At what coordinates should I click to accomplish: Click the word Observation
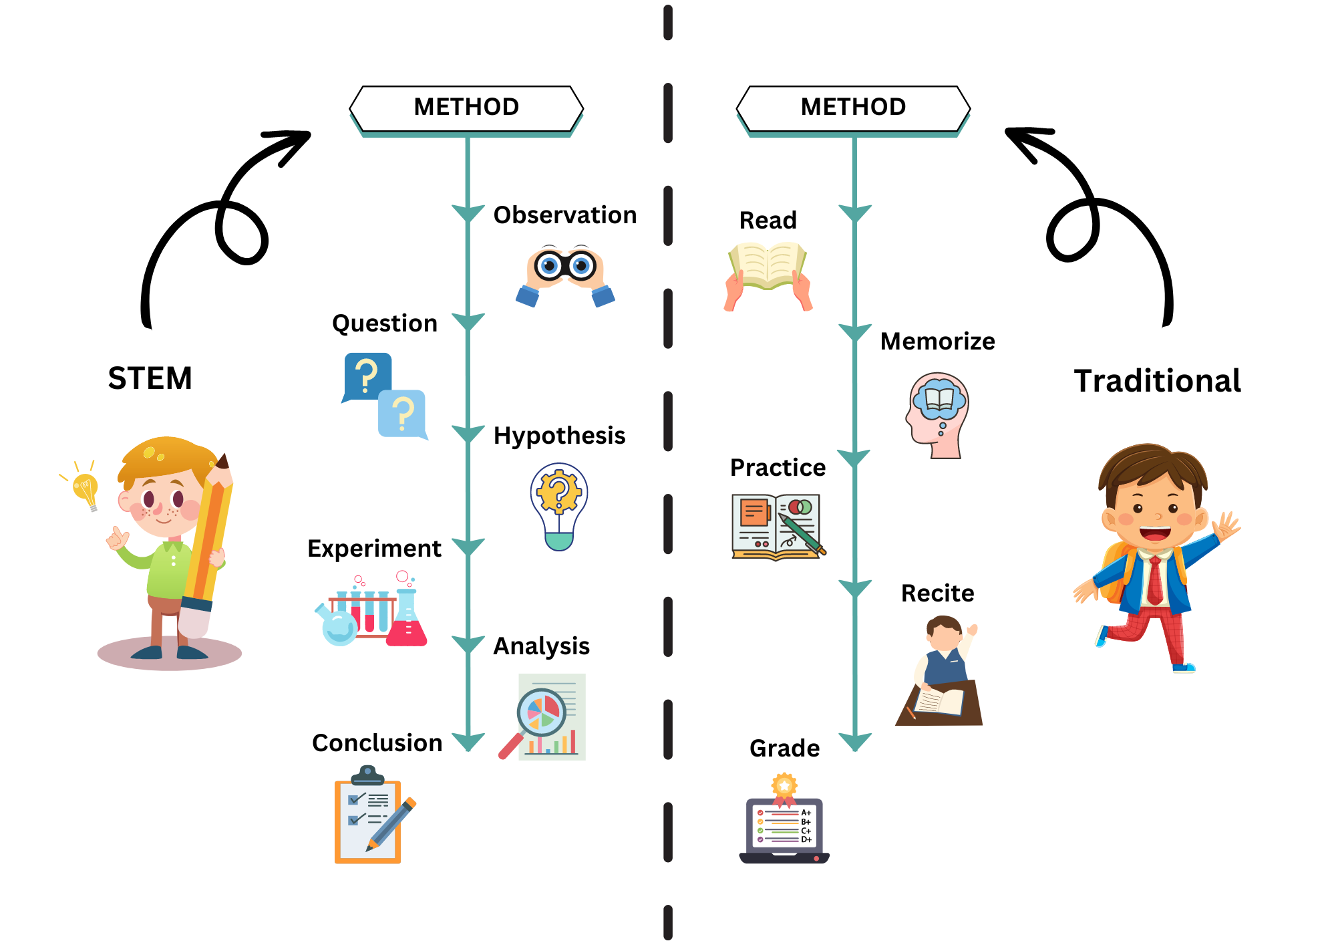564,215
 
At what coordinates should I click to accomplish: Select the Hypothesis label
559,436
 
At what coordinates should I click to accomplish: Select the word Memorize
937,342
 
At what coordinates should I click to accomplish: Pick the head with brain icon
938,414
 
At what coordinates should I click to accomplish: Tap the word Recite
937,593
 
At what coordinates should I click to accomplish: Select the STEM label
150,378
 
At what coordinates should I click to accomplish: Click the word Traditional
1157,381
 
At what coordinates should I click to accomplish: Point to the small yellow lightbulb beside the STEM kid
86,489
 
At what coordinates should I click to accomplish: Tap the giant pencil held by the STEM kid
207,548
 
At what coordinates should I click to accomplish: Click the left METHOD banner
466,108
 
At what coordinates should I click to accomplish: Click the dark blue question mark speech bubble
367,376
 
